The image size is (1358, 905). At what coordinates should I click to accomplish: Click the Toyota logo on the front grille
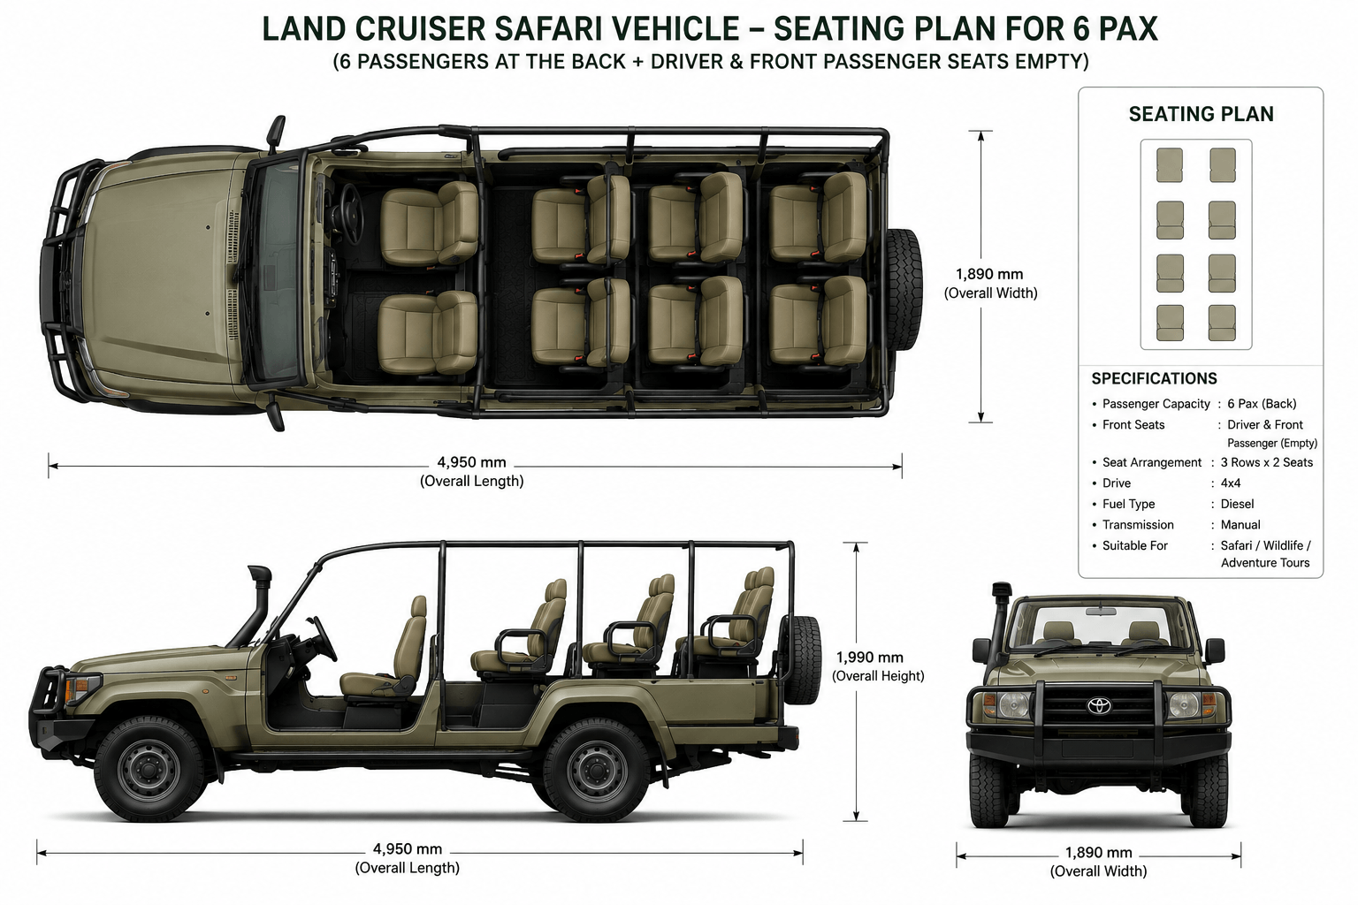click(x=1099, y=705)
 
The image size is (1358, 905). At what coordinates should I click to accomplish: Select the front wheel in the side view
click(x=149, y=769)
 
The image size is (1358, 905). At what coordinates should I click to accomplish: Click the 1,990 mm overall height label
click(x=869, y=657)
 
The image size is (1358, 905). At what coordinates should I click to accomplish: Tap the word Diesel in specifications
click(x=1237, y=504)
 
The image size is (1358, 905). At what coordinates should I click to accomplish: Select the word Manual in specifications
click(x=1240, y=524)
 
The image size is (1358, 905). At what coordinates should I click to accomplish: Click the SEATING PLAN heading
click(x=1201, y=114)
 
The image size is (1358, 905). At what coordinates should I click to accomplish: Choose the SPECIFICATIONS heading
click(x=1155, y=378)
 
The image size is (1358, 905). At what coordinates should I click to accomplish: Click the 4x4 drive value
click(x=1231, y=483)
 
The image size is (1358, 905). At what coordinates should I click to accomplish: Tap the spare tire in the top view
click(x=904, y=289)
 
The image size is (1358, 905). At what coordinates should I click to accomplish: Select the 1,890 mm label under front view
click(x=1099, y=852)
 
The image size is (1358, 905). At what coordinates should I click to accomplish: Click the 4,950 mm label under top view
click(x=471, y=462)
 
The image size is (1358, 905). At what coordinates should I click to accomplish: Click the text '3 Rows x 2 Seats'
click(x=1266, y=462)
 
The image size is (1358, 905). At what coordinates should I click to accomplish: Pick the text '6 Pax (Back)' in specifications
click(x=1262, y=404)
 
